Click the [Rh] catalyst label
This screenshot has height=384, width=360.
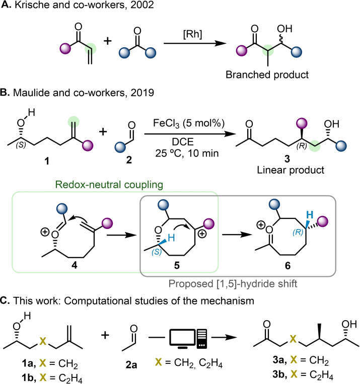[193, 34]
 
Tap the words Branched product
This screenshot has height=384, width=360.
[267, 74]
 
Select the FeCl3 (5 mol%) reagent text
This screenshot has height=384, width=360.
[189, 123]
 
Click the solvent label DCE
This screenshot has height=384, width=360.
[183, 142]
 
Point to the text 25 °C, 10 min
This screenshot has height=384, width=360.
[187, 153]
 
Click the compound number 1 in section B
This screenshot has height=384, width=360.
[46, 161]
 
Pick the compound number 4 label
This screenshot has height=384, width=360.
[74, 265]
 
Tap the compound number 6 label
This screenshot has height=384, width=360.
[287, 265]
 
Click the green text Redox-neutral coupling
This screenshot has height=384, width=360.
[109, 185]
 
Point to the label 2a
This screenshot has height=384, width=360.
[131, 365]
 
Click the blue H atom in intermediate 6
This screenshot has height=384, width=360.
[310, 215]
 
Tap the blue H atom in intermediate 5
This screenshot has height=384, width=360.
[172, 238]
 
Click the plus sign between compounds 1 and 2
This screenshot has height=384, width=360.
[103, 132]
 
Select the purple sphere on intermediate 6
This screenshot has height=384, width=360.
[323, 221]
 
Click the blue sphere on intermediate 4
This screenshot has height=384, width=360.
[62, 209]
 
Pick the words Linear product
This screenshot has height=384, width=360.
[291, 170]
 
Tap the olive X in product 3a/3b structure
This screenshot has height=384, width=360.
[293, 339]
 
